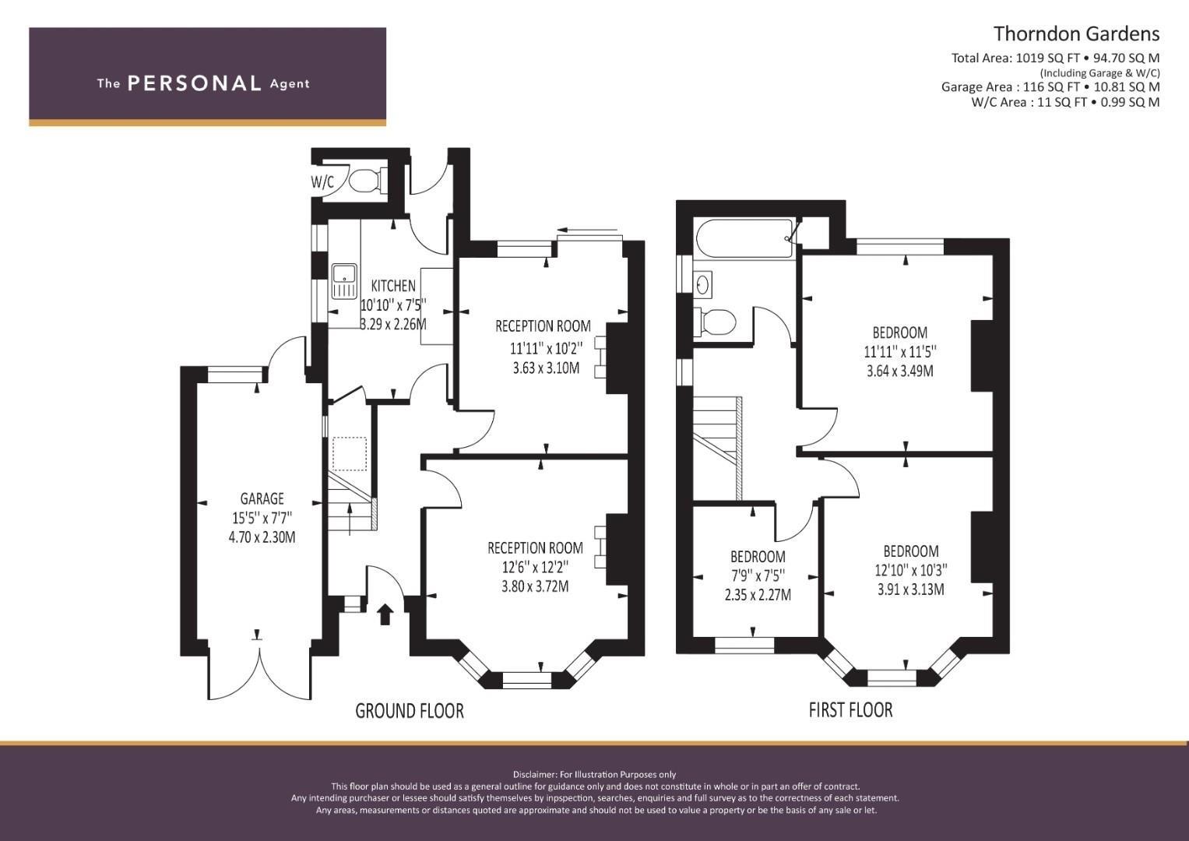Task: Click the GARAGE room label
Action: click(x=262, y=498)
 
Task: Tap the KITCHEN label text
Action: click(x=393, y=287)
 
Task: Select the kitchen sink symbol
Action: click(x=345, y=281)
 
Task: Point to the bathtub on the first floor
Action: click(x=745, y=239)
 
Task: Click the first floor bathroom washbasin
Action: click(x=703, y=283)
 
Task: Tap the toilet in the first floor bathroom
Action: click(x=715, y=321)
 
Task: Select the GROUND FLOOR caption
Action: click(x=410, y=711)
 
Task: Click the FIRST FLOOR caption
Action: click(x=851, y=710)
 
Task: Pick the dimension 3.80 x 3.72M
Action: click(x=535, y=586)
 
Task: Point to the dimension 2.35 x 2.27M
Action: click(x=758, y=595)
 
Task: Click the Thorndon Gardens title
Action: click(x=1076, y=34)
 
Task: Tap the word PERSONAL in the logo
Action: click(x=195, y=83)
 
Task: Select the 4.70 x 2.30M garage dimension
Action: click(x=262, y=537)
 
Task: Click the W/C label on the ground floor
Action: click(x=322, y=183)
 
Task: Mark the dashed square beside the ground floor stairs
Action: click(x=350, y=454)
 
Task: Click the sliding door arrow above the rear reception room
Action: click(x=588, y=230)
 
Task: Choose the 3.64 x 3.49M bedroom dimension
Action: click(x=900, y=371)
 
